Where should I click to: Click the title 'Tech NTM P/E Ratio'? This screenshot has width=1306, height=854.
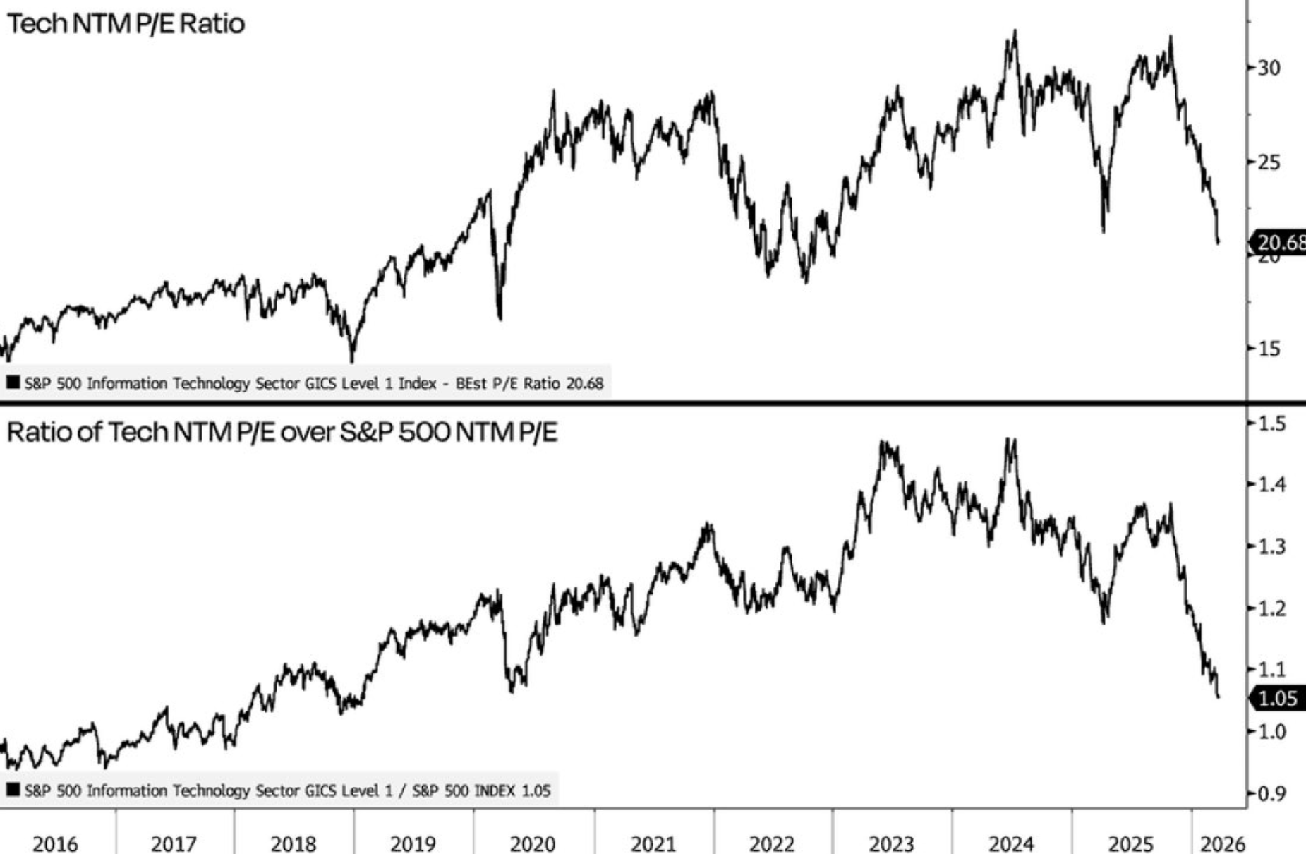point(126,24)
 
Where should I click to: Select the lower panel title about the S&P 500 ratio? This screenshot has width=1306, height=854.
point(282,432)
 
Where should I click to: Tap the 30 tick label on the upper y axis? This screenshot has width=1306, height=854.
point(1268,68)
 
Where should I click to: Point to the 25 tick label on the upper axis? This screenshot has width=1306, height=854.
point(1268,162)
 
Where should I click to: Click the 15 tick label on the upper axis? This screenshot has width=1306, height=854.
point(1268,349)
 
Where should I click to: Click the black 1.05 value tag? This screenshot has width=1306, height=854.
point(1277,699)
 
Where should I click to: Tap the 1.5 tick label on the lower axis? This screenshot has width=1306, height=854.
point(1272,423)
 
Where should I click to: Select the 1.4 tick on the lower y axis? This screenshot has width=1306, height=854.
point(1272,485)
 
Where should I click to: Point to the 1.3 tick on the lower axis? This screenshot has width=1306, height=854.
point(1272,546)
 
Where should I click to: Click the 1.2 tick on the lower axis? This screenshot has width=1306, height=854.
point(1272,608)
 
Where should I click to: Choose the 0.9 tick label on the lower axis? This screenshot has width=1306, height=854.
point(1272,794)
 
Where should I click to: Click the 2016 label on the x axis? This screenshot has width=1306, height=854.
point(56,843)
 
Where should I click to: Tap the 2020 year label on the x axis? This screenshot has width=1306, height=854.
point(533,843)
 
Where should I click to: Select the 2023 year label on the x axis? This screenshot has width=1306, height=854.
point(891,843)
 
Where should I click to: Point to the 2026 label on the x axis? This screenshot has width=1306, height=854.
point(1223,843)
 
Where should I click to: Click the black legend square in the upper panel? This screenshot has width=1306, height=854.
point(13,383)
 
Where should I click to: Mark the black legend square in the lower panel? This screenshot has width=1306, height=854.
point(13,790)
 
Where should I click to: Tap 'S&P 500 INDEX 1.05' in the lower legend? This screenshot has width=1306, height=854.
point(480,790)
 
